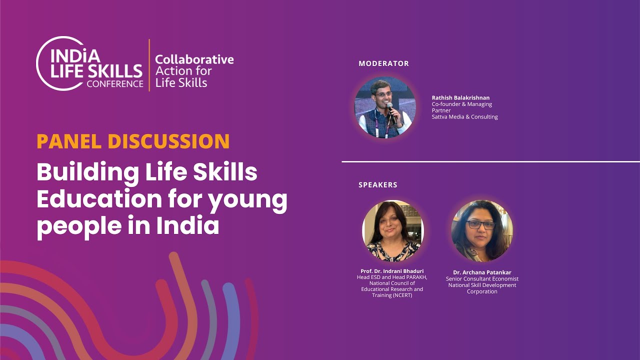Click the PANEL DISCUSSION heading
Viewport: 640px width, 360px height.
[133, 141]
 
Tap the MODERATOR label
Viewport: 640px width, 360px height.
[383, 63]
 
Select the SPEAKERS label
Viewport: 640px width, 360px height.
[377, 185]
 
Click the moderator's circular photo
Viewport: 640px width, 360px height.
[385, 107]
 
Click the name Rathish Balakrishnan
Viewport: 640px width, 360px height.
[460, 97]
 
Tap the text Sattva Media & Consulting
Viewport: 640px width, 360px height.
[464, 117]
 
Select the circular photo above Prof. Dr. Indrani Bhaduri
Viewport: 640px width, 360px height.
[392, 230]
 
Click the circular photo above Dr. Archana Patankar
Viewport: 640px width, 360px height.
[482, 230]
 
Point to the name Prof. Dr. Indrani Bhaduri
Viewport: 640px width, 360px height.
[392, 271]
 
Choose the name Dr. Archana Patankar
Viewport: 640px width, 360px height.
[482, 272]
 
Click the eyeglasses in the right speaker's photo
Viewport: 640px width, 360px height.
[480, 225]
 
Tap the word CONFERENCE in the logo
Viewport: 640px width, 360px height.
[114, 84]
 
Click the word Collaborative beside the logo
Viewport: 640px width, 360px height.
[194, 59]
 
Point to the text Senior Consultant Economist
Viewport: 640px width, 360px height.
[482, 279]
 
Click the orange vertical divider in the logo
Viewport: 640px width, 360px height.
[149, 65]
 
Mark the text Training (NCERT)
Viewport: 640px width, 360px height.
[392, 295]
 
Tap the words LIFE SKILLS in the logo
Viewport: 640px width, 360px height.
[96, 70]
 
